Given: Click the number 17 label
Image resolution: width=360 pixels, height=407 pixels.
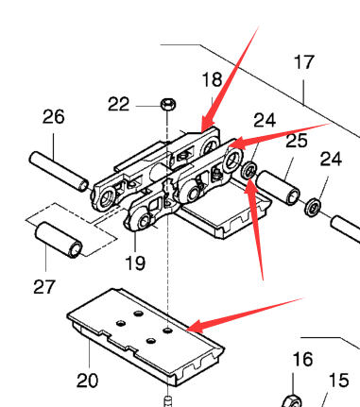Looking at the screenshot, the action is click(304, 62).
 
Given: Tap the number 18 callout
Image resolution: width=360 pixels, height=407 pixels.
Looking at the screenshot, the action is click(212, 80).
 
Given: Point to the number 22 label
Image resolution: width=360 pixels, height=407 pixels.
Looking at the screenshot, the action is click(118, 104).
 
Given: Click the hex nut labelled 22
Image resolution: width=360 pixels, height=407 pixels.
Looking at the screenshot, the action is click(168, 104).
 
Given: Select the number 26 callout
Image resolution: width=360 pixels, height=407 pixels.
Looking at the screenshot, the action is click(54, 116).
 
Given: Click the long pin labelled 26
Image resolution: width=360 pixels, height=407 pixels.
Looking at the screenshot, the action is click(59, 171).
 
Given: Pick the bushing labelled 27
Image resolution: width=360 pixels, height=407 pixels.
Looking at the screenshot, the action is click(59, 240).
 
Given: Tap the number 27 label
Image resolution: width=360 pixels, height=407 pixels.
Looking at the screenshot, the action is click(44, 287).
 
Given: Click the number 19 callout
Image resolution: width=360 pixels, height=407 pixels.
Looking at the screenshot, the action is click(135, 263).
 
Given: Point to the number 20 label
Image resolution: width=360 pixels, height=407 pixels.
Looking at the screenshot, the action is click(87, 381).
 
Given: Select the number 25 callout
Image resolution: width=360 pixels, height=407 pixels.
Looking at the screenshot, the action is click(297, 141).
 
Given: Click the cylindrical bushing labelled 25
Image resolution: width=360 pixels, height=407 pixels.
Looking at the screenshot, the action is click(278, 188).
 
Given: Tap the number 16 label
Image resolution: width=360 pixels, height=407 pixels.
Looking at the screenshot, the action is click(302, 359).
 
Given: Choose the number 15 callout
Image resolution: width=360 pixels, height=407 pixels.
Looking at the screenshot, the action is click(338, 381).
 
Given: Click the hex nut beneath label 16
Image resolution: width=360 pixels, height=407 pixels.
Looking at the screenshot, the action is click(292, 401).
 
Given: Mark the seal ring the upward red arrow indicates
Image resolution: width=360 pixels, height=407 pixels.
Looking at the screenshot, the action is click(249, 171).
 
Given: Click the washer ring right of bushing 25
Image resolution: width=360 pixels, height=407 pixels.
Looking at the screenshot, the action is click(313, 207).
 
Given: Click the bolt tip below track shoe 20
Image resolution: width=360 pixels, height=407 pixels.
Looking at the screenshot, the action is click(168, 401).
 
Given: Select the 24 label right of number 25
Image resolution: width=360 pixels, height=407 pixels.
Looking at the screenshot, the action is click(331, 160).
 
